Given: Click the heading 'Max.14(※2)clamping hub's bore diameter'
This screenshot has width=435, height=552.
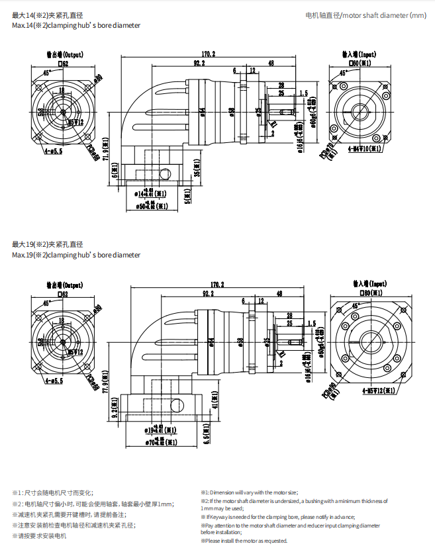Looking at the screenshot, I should tap(76, 25).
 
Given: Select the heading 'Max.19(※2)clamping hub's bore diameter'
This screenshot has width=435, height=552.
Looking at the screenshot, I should tap(76, 255).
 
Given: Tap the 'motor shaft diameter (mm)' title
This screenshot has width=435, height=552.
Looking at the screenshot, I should tap(366, 15).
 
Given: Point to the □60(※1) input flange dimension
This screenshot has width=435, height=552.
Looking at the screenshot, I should tap(360, 63).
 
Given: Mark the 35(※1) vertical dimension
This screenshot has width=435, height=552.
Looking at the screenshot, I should tap(197, 172).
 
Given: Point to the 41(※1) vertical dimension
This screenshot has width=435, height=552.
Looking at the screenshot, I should tap(214, 401).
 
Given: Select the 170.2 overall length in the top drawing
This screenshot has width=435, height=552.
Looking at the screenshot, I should tap(209, 54).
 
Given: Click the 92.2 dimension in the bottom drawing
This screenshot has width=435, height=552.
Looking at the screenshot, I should tap(208, 293).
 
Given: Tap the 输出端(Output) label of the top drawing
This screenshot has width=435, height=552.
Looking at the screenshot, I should tap(64, 55).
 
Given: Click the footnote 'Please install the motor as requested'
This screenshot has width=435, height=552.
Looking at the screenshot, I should tap(244, 541).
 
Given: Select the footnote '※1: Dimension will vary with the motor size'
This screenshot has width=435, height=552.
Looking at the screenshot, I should tap(250, 492).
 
